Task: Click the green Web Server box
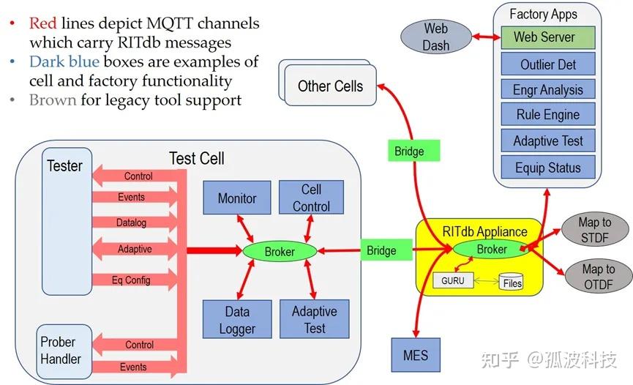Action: click(548, 37)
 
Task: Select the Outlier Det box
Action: click(548, 64)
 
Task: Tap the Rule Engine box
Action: click(548, 115)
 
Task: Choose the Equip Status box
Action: click(548, 167)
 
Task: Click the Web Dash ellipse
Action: click(435, 37)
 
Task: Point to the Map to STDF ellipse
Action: click(595, 231)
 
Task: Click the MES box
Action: click(416, 356)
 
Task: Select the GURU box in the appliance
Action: click(454, 280)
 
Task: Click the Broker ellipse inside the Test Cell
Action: click(280, 251)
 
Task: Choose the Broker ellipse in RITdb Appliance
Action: click(491, 249)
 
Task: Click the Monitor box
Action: click(237, 198)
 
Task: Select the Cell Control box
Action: click(311, 198)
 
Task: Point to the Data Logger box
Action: click(237, 320)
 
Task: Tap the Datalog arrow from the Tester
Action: click(132, 223)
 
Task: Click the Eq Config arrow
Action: click(132, 280)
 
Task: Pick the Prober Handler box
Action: click(61, 351)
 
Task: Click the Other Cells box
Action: click(330, 86)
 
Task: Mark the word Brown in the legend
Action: click(53, 100)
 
